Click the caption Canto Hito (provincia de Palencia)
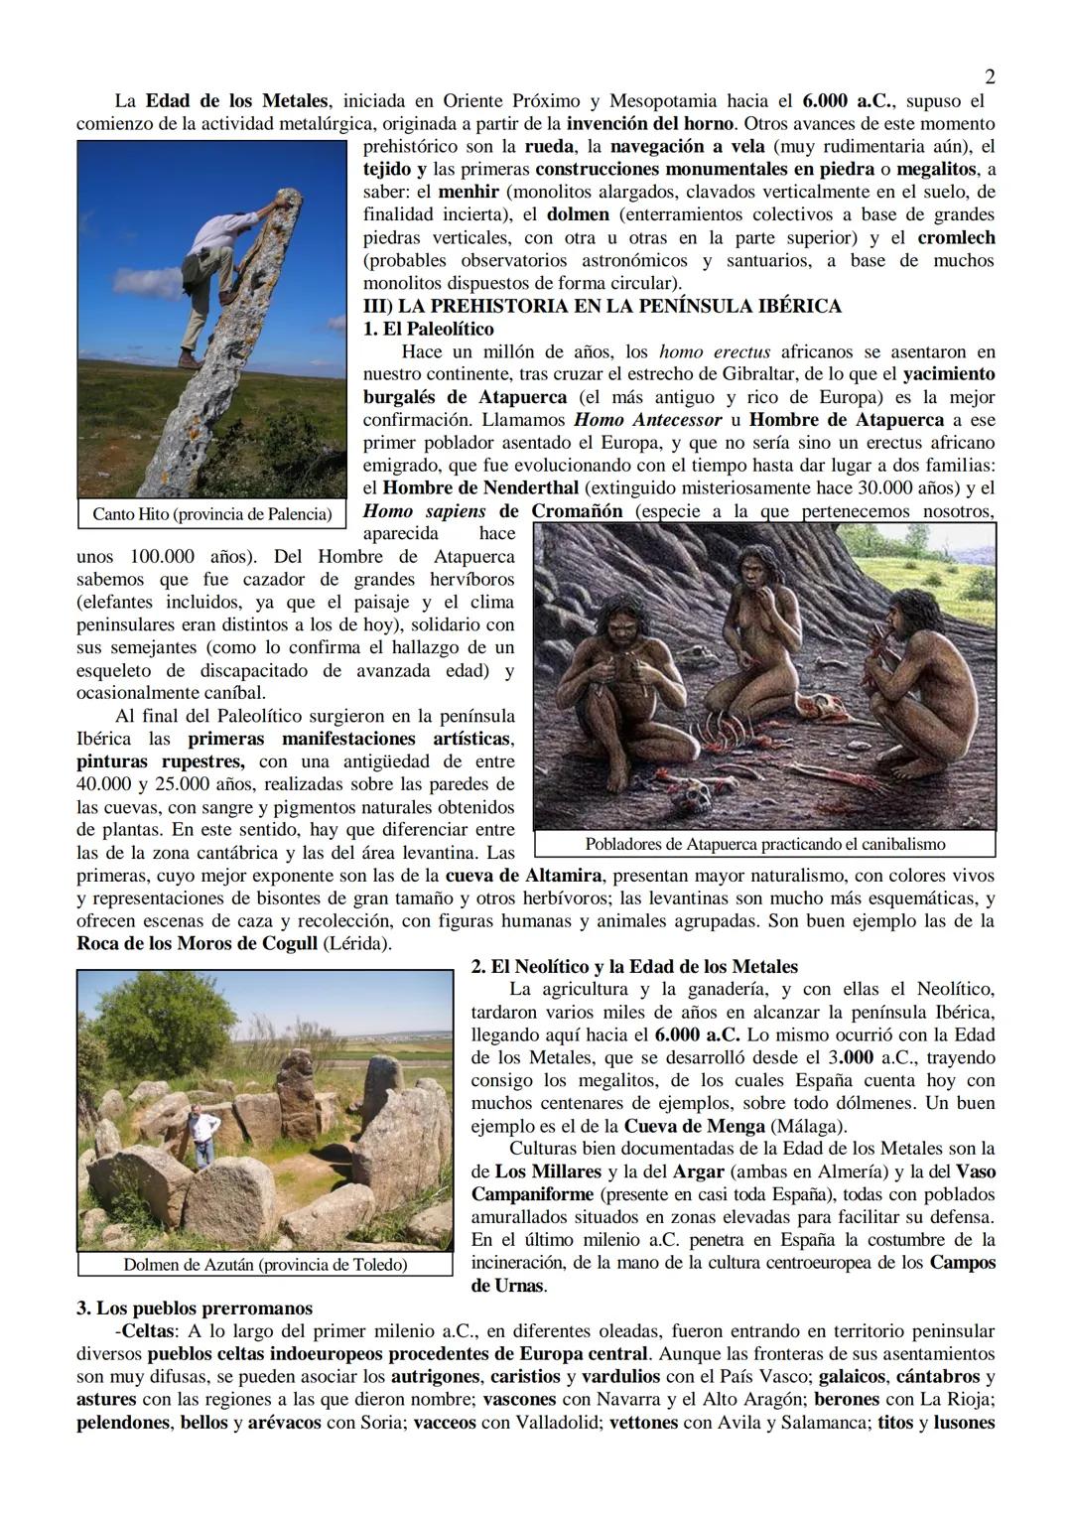tap(211, 513)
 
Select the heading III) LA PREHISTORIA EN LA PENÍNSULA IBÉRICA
tap(602, 306)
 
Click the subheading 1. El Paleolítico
tap(428, 329)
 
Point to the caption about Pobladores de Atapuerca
tap(764, 844)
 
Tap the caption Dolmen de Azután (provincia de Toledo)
tap(264, 1264)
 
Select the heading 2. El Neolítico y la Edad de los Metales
tap(634, 966)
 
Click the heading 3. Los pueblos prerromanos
tap(195, 1308)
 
